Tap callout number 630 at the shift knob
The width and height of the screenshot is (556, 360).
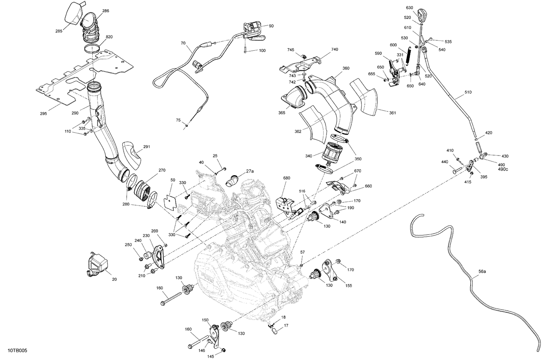pos(409,7)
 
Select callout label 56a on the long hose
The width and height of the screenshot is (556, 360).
pos(482,271)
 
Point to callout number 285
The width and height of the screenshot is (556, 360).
pos(59,31)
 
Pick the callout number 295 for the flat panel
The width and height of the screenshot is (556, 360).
pos(43,114)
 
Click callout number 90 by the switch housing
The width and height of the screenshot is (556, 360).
pos(271,26)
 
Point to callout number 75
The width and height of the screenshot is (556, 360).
pos(178,120)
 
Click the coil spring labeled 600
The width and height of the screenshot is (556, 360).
pos(408,56)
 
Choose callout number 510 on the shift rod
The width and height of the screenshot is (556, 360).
pos(468,92)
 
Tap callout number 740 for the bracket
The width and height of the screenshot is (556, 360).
pos(335,49)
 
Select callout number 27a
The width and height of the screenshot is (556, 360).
pos(250,171)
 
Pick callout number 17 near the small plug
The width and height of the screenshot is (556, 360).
pos(286,326)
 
